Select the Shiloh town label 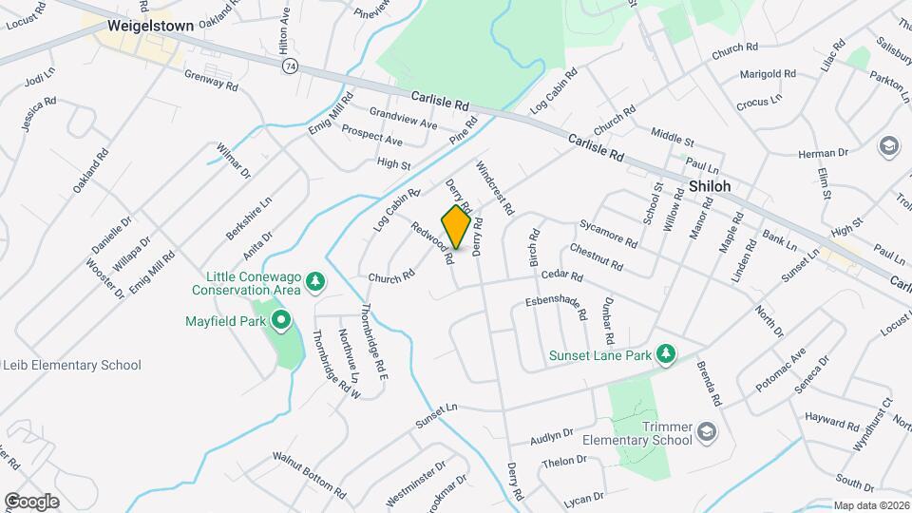point(710,186)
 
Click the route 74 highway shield point(290,65)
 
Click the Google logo point(31,501)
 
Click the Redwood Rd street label point(433,241)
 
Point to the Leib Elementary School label point(72,365)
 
